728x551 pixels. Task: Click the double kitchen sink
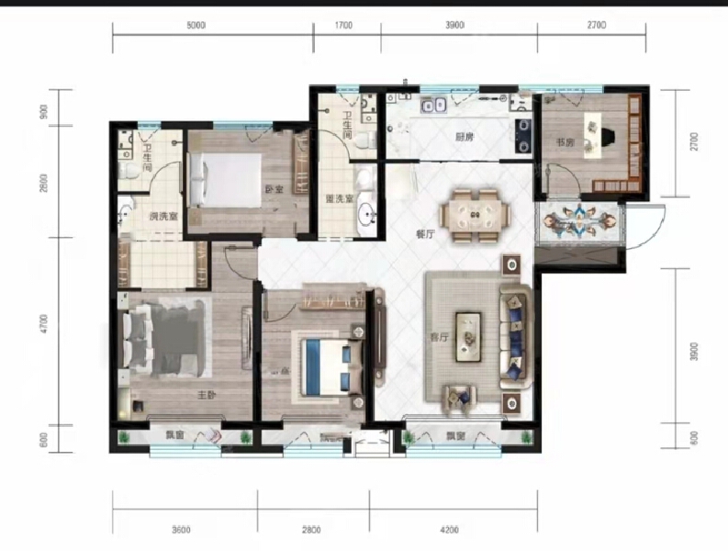(433, 106)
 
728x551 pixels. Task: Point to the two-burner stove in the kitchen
(522, 134)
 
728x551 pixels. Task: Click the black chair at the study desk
(603, 135)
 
